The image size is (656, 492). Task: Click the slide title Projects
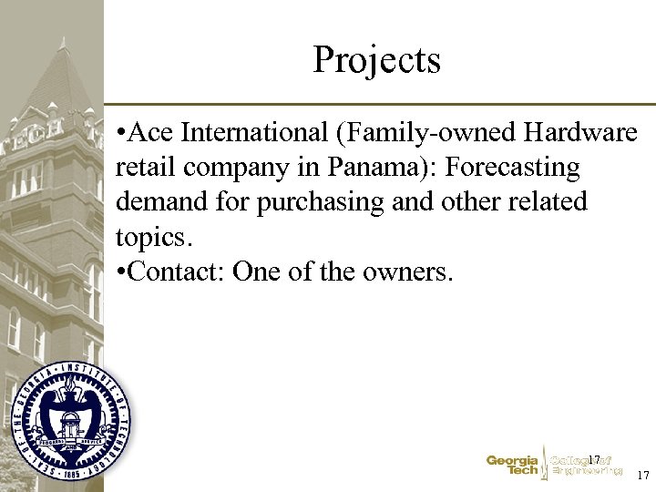click(x=376, y=60)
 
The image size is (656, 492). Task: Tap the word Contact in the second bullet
click(x=178, y=271)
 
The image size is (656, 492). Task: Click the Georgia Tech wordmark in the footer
click(x=512, y=466)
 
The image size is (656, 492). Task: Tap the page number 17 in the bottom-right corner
click(x=643, y=476)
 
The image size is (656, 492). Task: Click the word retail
click(x=142, y=168)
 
